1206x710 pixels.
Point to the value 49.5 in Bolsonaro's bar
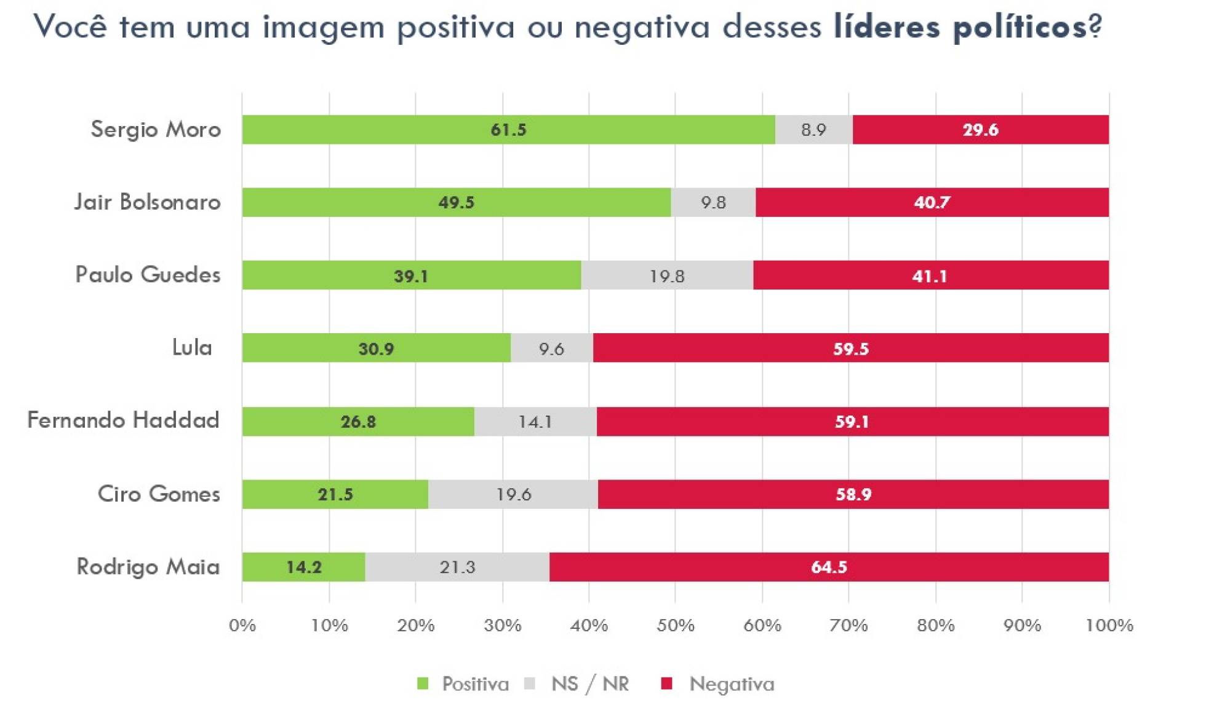coord(456,202)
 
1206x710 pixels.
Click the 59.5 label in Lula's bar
coord(851,349)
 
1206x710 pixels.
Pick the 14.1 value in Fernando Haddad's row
coord(535,422)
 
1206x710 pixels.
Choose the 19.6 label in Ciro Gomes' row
coord(514,494)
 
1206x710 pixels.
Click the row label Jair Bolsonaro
coord(148,202)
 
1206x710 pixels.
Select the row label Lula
coord(192,348)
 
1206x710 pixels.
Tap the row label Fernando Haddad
coord(124,420)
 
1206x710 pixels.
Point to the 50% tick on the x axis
coord(675,626)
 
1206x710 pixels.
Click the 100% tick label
coord(1109,626)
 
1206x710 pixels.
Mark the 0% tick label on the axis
coord(242,626)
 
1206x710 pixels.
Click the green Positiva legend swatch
coord(423,684)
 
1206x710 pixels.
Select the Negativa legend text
coord(732,684)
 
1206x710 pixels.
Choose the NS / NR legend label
coord(590,684)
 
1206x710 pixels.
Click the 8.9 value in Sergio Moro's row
coord(813,130)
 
